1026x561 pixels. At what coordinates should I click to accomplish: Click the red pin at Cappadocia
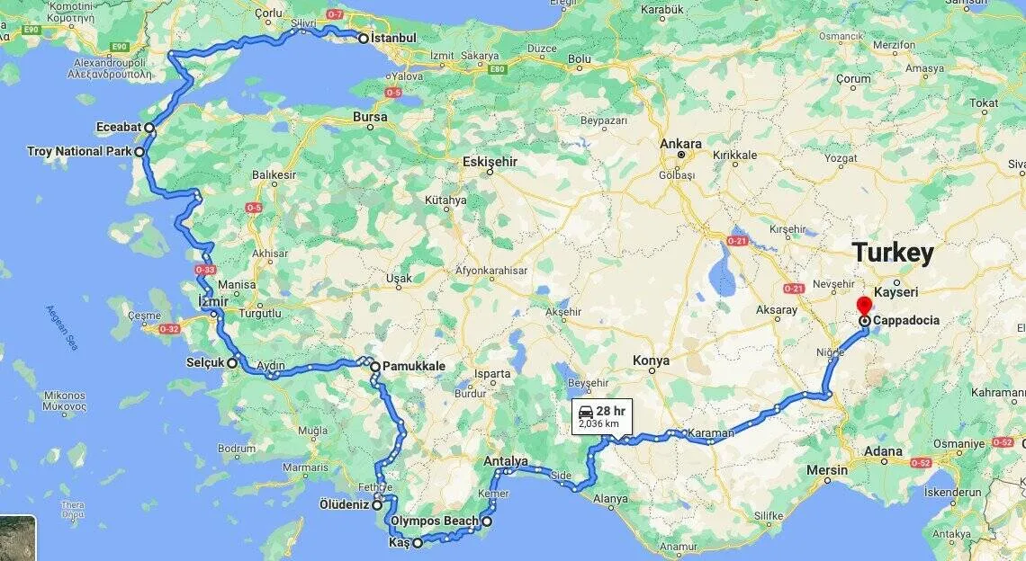(864, 304)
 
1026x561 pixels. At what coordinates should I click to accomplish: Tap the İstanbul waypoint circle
(364, 39)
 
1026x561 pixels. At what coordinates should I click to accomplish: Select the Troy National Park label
(79, 152)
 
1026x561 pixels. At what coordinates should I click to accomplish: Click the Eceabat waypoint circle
(149, 129)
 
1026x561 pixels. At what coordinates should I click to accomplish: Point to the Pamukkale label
(413, 367)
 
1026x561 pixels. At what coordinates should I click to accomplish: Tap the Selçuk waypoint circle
(231, 363)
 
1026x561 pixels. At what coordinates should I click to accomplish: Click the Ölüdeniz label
(344, 504)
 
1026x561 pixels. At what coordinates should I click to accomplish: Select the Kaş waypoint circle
(418, 543)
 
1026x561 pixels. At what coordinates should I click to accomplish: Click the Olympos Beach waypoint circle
(487, 521)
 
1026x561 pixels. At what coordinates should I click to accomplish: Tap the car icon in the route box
(585, 411)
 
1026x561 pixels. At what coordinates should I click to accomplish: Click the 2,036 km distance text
(598, 423)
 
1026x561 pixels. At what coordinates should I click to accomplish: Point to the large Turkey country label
(893, 253)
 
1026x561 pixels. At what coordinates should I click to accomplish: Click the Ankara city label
(680, 144)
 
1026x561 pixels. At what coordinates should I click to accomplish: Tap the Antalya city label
(506, 461)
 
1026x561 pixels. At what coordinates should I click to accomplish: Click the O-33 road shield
(204, 270)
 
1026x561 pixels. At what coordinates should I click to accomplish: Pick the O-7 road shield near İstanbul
(335, 14)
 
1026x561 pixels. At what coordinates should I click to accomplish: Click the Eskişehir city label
(490, 162)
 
